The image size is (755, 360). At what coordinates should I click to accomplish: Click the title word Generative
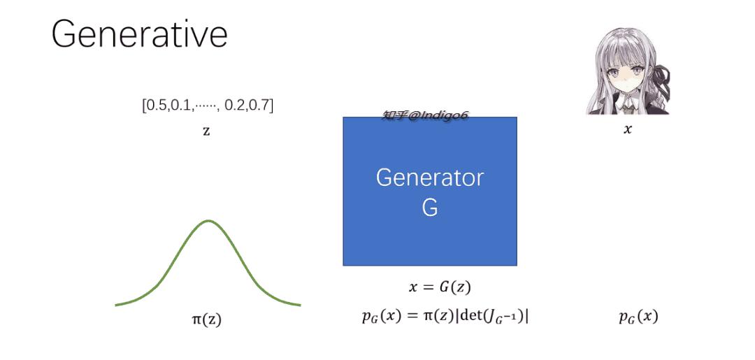click(x=139, y=35)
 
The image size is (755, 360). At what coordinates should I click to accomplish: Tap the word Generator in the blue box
click(x=429, y=178)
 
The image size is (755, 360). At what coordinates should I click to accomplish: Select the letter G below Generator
click(x=429, y=207)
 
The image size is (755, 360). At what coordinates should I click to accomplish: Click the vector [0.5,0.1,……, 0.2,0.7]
click(x=208, y=106)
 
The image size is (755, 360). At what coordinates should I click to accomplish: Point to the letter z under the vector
click(x=206, y=131)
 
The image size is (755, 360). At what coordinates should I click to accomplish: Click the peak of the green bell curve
click(x=208, y=221)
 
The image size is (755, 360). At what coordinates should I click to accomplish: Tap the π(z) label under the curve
click(x=206, y=319)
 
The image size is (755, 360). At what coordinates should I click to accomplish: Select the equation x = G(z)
click(x=440, y=287)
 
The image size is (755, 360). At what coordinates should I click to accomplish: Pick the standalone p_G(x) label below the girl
click(x=638, y=317)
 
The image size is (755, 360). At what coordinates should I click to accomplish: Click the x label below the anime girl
click(x=627, y=129)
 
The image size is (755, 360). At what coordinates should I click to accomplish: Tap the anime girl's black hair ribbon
click(x=660, y=77)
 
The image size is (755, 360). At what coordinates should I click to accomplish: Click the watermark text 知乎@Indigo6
click(x=425, y=115)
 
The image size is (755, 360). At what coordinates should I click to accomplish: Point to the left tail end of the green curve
click(x=115, y=305)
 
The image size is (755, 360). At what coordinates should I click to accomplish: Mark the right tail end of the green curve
click(x=301, y=305)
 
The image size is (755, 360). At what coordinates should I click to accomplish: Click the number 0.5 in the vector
click(x=154, y=106)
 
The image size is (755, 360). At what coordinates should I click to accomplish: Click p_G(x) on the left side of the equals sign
click(x=382, y=317)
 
